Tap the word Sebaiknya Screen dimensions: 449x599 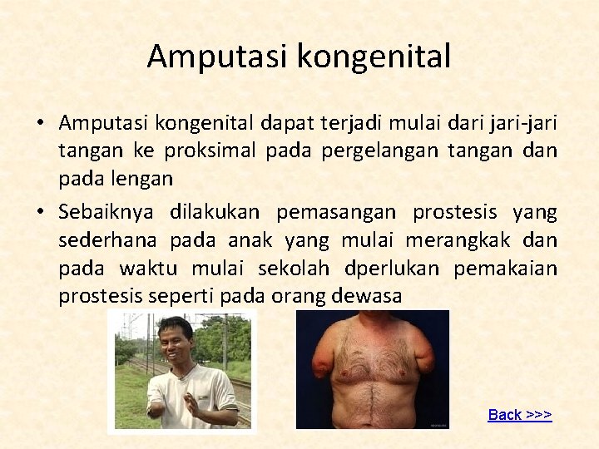pos(106,212)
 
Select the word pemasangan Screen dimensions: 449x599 pos(338,212)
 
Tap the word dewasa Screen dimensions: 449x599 pos(365,296)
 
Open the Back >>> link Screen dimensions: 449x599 pos(520,415)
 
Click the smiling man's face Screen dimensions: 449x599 pos(176,342)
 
